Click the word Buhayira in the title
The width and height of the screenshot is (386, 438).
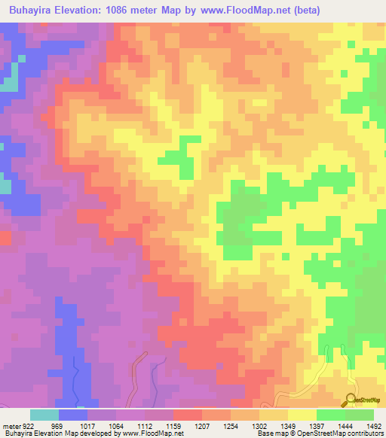click(x=31, y=11)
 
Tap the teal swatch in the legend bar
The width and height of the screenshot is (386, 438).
click(x=44, y=415)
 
